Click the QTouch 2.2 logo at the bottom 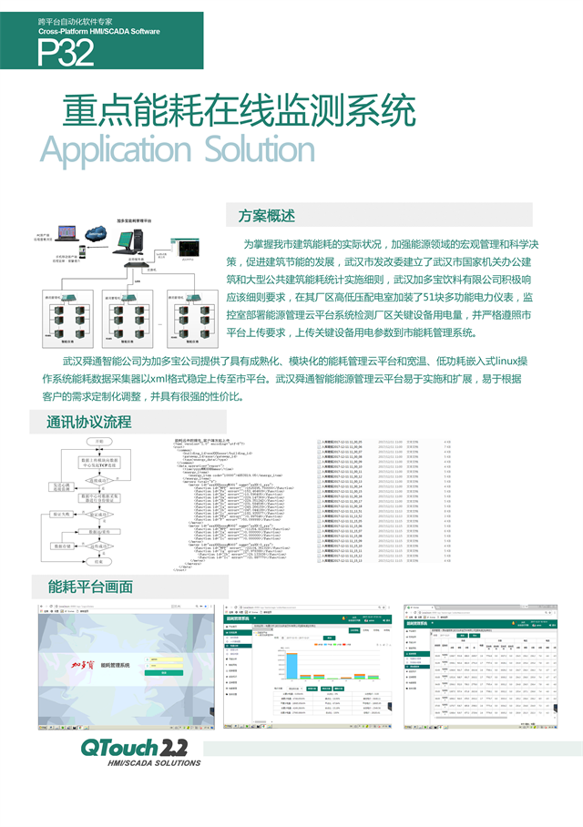(x=134, y=749)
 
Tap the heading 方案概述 (x=266, y=217)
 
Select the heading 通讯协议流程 (x=88, y=422)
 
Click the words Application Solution (x=178, y=148)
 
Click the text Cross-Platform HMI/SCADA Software (x=99, y=32)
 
